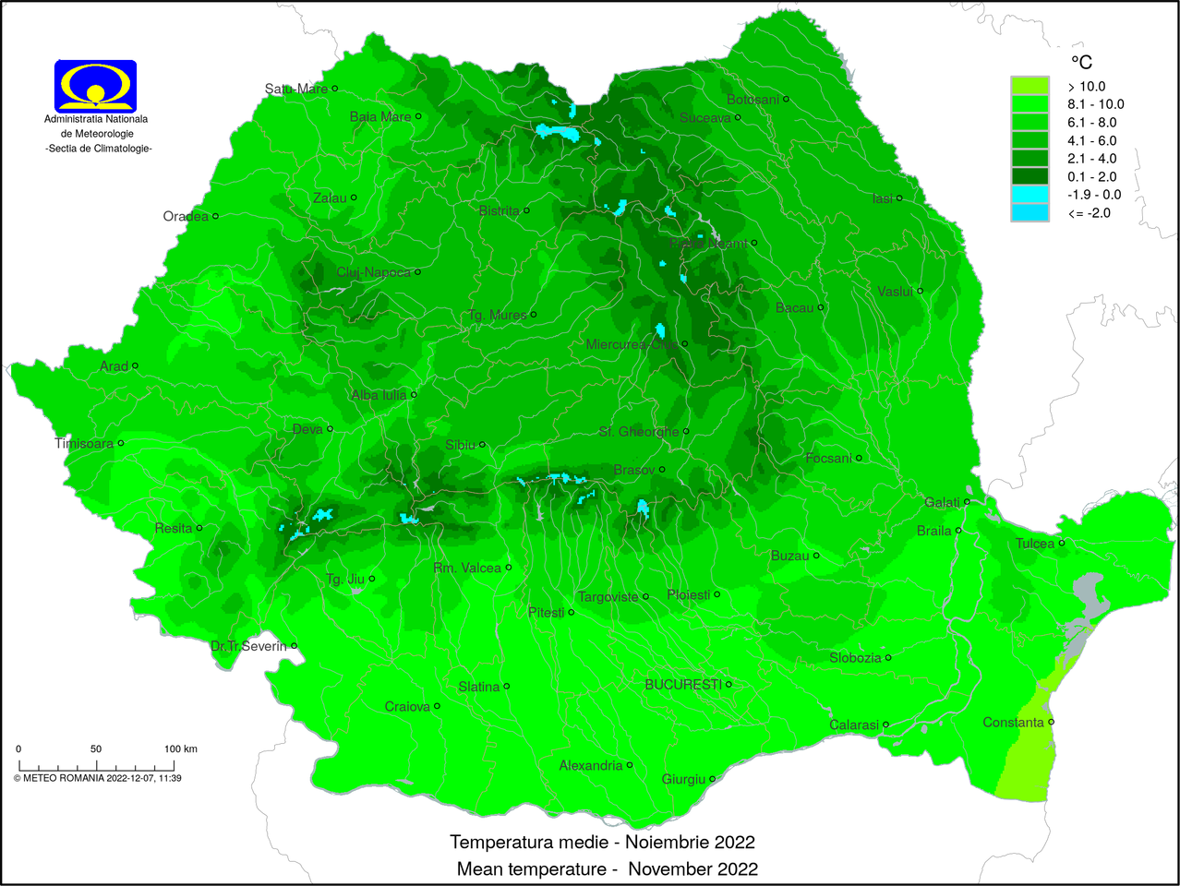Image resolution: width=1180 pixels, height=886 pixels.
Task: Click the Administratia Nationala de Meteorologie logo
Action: pyautogui.click(x=95, y=86)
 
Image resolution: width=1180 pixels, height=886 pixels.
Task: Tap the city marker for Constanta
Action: pyautogui.click(x=1052, y=722)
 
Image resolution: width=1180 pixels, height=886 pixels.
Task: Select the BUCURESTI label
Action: pyautogui.click(x=682, y=684)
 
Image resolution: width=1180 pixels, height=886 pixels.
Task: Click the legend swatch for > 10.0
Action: pyautogui.click(x=1029, y=86)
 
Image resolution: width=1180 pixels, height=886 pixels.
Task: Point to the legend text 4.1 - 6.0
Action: pyautogui.click(x=1091, y=140)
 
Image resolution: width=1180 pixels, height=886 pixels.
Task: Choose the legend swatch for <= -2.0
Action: pyautogui.click(x=1029, y=213)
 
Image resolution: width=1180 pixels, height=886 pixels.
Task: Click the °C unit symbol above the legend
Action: pyautogui.click(x=1081, y=62)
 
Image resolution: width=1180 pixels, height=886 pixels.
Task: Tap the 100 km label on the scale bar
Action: pyautogui.click(x=180, y=748)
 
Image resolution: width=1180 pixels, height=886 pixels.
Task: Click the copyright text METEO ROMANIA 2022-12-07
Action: pyautogui.click(x=97, y=778)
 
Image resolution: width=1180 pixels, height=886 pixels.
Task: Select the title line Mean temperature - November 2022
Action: pyautogui.click(x=607, y=868)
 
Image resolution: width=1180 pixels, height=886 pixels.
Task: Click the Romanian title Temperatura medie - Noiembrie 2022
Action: pyautogui.click(x=602, y=842)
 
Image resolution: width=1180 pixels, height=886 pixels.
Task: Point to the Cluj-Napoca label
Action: pyautogui.click(x=373, y=272)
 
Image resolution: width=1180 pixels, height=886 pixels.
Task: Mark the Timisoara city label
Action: pyautogui.click(x=84, y=443)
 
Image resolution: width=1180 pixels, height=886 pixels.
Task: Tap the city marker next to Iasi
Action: pyautogui.click(x=899, y=198)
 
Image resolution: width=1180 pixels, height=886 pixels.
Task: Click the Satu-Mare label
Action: pyautogui.click(x=295, y=89)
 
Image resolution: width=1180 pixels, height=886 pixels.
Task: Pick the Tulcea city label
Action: pyautogui.click(x=1034, y=544)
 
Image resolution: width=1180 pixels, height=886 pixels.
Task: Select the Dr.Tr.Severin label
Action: pyautogui.click(x=248, y=646)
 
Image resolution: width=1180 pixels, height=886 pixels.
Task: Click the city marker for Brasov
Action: pyautogui.click(x=662, y=470)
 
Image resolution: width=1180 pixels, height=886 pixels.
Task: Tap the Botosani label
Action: pyautogui.click(x=753, y=99)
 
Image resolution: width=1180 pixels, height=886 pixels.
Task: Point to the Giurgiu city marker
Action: pyautogui.click(x=712, y=779)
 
